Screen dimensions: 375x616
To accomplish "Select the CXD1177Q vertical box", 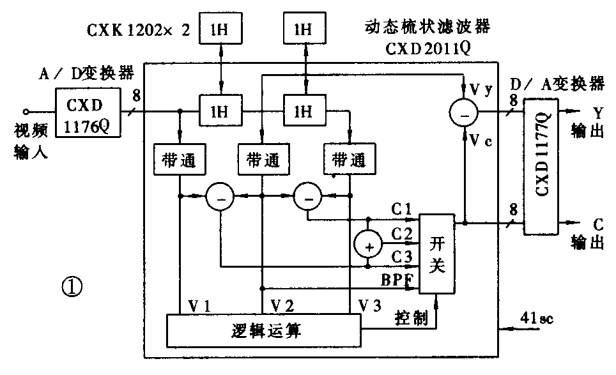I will [x=541, y=165].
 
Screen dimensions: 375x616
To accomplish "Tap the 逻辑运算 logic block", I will [x=263, y=331].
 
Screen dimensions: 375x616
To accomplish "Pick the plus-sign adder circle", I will [x=368, y=245].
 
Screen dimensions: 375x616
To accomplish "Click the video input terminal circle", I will [x=26, y=110].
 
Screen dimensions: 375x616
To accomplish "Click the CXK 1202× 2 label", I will [x=139, y=29].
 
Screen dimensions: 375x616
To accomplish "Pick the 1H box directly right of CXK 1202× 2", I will [x=220, y=29].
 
